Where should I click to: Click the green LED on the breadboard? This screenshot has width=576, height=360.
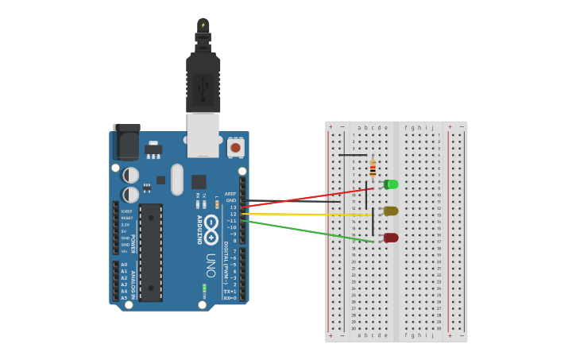391,184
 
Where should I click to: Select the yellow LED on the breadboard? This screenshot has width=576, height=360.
391,211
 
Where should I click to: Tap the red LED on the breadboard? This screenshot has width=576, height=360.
391,238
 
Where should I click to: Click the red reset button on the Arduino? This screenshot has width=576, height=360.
235,147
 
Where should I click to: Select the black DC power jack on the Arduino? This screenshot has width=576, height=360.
127,141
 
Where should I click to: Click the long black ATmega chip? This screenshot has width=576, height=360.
151,252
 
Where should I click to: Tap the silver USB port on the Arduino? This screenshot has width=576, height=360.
203,134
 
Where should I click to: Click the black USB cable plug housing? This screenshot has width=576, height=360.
203,83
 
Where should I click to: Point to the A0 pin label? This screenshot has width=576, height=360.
124,265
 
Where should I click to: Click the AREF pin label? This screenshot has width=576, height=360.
230,194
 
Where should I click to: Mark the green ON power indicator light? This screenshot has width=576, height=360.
204,287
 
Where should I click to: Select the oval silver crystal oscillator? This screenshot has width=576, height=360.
176,180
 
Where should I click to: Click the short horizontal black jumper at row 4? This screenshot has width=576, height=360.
353,155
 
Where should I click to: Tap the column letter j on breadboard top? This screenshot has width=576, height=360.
432,127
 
